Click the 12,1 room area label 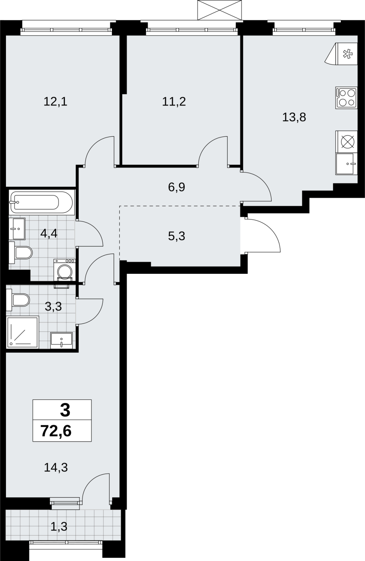pyautogui.click(x=55, y=102)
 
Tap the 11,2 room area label pyautogui.click(x=174, y=102)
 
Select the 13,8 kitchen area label pyautogui.click(x=294, y=117)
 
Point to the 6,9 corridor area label pyautogui.click(x=177, y=187)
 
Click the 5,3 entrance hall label pyautogui.click(x=177, y=236)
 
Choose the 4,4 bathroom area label pyautogui.click(x=49, y=234)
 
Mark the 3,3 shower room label pyautogui.click(x=53, y=306)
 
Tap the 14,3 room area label pyautogui.click(x=56, y=468)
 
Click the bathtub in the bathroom pyautogui.click(x=42, y=202)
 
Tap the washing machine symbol pyautogui.click(x=65, y=270)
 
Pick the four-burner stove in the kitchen pyautogui.click(x=346, y=98)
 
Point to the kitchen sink pyautogui.click(x=346, y=164)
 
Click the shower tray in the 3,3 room pyautogui.click(x=23, y=332)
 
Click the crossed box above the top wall pyautogui.click(x=220, y=10)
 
